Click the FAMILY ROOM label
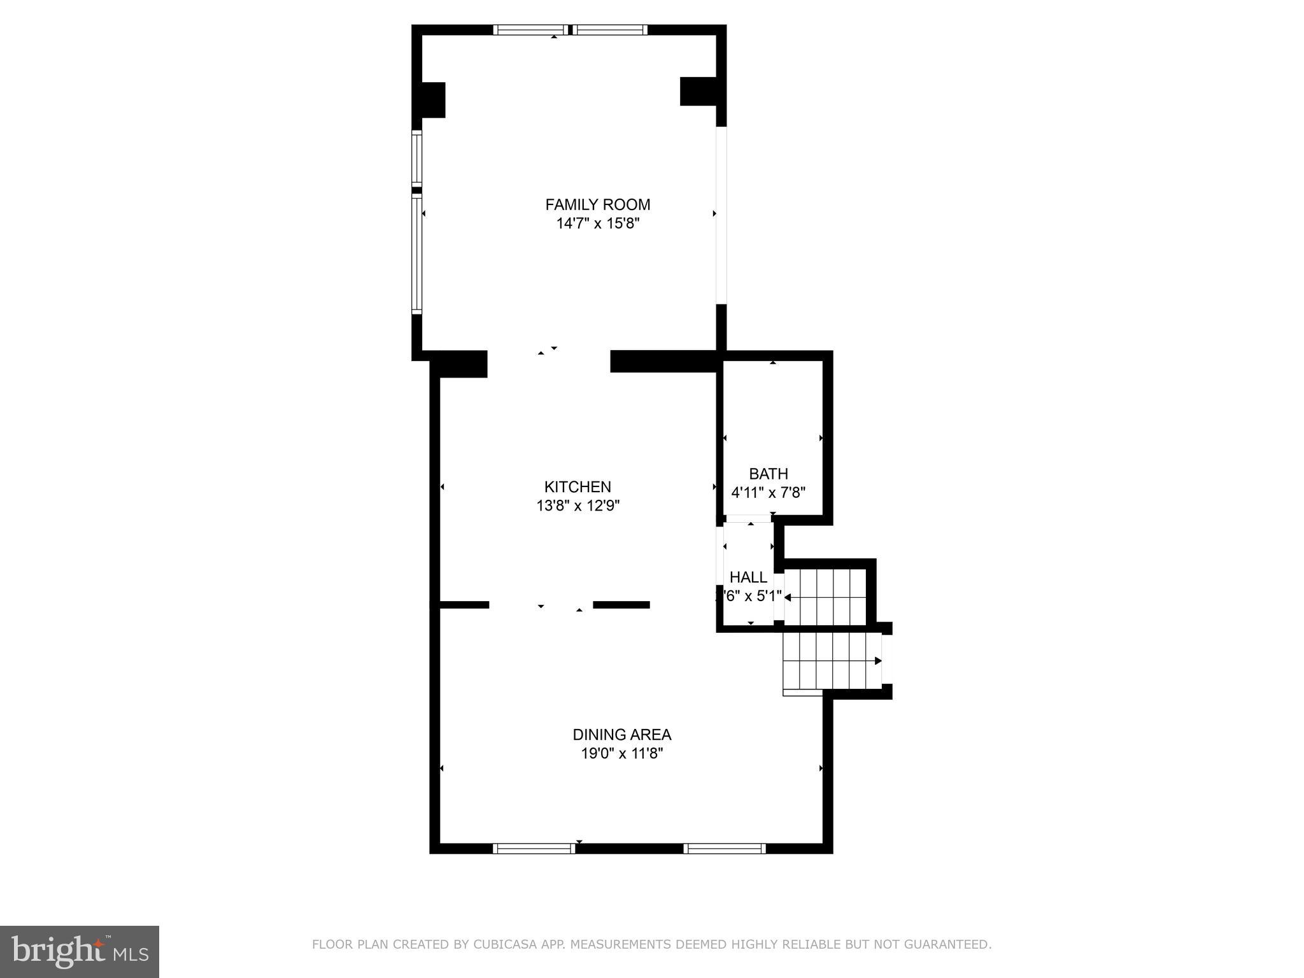pyautogui.click(x=597, y=204)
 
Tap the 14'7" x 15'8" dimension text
pyautogui.click(x=597, y=223)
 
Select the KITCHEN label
pyautogui.click(x=578, y=486)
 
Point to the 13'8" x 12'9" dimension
pyautogui.click(x=578, y=506)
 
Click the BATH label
pyautogui.click(x=769, y=474)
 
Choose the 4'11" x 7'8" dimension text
pyautogui.click(x=769, y=492)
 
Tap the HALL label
pyautogui.click(x=748, y=578)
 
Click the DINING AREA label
pyautogui.click(x=621, y=734)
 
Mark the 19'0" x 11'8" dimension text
pyautogui.click(x=621, y=753)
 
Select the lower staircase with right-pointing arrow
pyautogui.click(x=831, y=661)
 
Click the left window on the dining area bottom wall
pyautogui.click(x=534, y=848)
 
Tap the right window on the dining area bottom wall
pyautogui.click(x=725, y=848)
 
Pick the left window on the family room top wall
pyautogui.click(x=531, y=29)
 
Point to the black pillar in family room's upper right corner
pyautogui.click(x=698, y=91)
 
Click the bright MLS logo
pyautogui.click(x=79, y=951)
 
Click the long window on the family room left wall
pyautogui.click(x=416, y=254)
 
